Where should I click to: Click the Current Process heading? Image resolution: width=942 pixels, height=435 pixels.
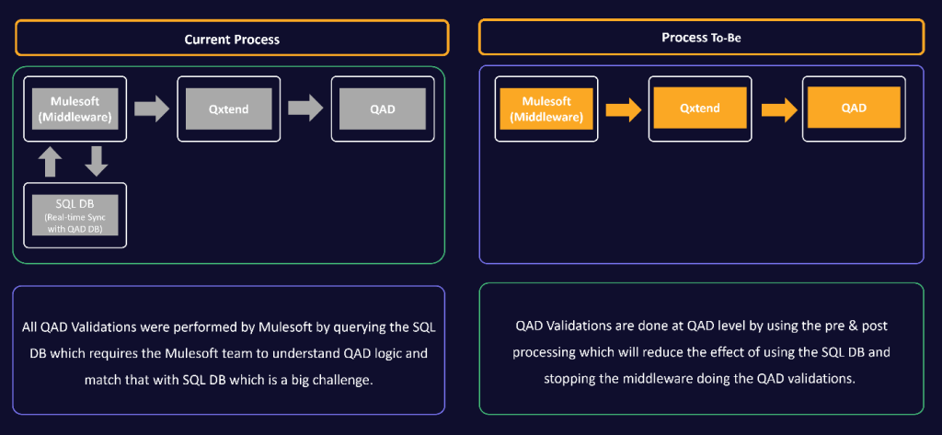click(232, 40)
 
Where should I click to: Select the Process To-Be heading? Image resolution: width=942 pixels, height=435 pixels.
click(700, 38)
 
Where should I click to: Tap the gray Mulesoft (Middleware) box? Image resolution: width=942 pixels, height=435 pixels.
click(75, 109)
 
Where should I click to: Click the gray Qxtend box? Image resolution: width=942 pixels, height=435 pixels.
click(230, 109)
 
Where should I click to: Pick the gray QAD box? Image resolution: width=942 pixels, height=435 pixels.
click(383, 109)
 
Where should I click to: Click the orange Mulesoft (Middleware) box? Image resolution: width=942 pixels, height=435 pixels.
click(546, 109)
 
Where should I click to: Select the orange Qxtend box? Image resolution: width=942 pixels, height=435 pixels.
click(700, 108)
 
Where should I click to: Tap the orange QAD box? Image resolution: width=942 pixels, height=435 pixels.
click(854, 108)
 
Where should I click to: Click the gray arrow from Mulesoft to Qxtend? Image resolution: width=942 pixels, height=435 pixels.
click(151, 109)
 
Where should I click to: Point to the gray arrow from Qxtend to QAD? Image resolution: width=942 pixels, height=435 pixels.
click(304, 109)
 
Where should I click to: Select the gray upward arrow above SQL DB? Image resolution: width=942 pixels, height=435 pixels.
click(52, 162)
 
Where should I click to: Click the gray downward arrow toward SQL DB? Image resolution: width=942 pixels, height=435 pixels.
click(97, 162)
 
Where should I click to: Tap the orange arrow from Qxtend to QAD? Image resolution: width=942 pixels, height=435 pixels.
click(778, 110)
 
